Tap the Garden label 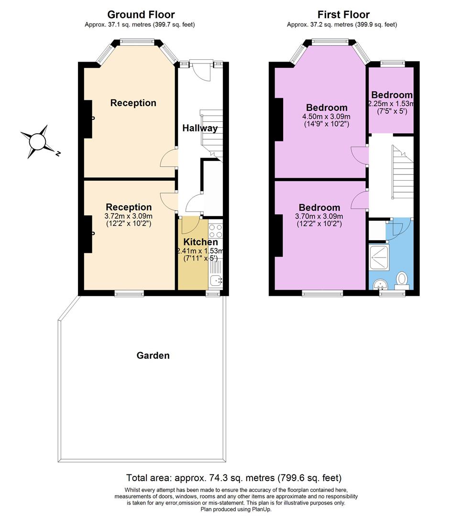point(153,355)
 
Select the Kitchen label point(200,242)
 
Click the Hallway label point(200,128)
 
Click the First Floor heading point(343,15)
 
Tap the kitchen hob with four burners point(216,231)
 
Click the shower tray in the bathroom point(380,258)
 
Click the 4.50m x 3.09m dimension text point(327,117)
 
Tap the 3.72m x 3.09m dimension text point(129,216)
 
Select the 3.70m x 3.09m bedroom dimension point(319,216)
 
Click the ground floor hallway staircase point(212,134)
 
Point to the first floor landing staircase point(403,174)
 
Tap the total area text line point(234,478)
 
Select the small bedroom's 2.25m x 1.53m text point(391,104)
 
